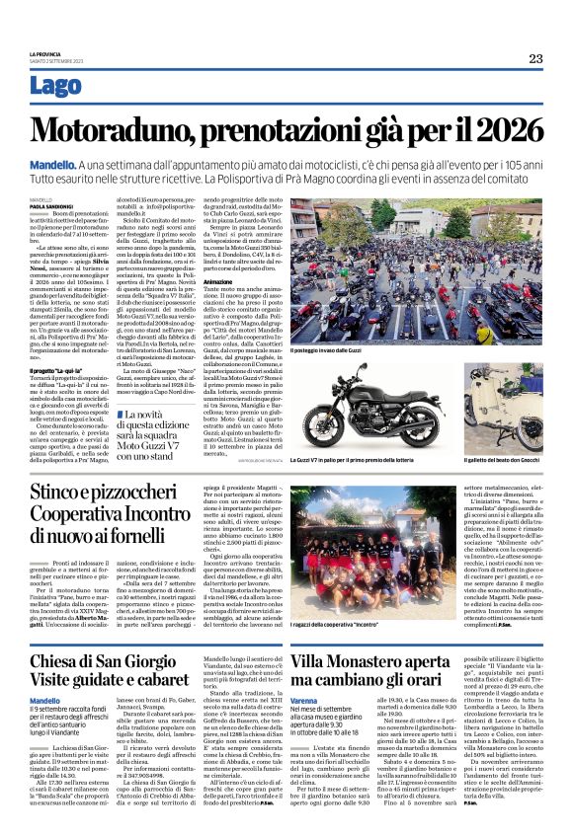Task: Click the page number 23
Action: tap(534, 59)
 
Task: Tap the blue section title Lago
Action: tap(56, 87)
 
